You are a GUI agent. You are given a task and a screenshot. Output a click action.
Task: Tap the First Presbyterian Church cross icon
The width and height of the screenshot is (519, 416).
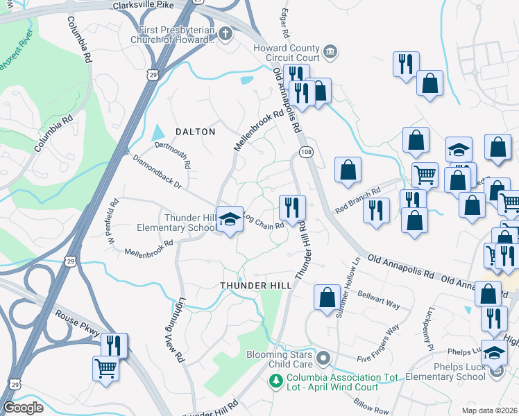pyautogui.click(x=225, y=33)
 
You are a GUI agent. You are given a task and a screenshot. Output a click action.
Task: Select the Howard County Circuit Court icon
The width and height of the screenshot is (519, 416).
pyautogui.click(x=330, y=51)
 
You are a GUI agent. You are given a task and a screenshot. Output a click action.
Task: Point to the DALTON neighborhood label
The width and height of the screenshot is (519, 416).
pyautogui.click(x=195, y=131)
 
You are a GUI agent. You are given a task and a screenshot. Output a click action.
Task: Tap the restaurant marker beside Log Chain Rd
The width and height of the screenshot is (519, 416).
pyautogui.click(x=292, y=207)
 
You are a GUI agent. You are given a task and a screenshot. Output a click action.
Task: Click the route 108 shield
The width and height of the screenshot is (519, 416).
pyautogui.click(x=305, y=151)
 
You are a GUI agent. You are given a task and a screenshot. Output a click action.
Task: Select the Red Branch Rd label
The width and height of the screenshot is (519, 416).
pyautogui.click(x=358, y=201)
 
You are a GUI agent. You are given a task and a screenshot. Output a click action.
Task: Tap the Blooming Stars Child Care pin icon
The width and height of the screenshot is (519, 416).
pyautogui.click(x=322, y=358)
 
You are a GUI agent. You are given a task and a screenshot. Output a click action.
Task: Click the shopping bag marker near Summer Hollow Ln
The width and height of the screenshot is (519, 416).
pyautogui.click(x=326, y=297)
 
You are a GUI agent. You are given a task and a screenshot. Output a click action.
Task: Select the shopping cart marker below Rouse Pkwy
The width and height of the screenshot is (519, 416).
pyautogui.click(x=105, y=369)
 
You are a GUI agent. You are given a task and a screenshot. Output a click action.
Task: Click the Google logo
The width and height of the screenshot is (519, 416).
pyautogui.click(x=23, y=408)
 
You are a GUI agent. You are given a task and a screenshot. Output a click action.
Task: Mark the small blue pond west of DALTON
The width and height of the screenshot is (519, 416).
pyautogui.click(x=159, y=132)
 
